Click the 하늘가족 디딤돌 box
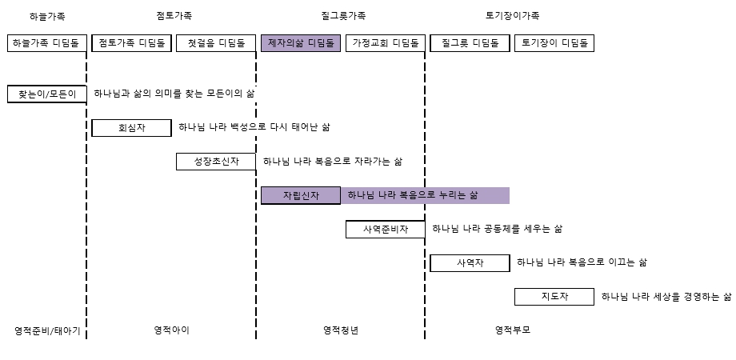47,43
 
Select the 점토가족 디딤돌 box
131,43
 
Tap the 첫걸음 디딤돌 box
216,43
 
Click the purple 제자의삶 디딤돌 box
301,43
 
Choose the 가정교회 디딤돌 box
386,43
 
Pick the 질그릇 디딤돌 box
470,43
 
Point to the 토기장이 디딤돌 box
554,43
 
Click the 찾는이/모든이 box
47,94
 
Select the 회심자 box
131,128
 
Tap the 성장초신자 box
216,162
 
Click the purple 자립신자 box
301,195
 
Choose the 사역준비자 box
386,229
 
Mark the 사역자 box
470,263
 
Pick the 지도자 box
554,297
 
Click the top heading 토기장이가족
512,15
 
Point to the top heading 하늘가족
47,16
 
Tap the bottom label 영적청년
341,330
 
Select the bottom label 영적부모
513,330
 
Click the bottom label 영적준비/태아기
47,331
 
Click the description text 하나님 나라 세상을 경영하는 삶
666,297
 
